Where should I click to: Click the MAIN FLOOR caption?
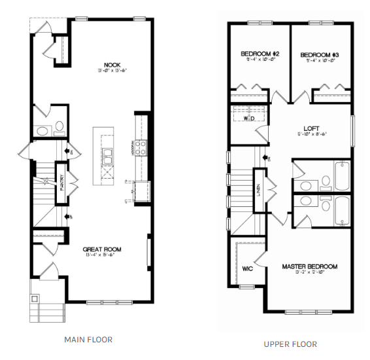click(x=88, y=340)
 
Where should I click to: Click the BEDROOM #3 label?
click(x=320, y=54)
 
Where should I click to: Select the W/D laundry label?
click(x=249, y=119)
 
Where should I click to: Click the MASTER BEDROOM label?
click(x=310, y=266)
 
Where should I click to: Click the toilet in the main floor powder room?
click(x=59, y=127)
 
